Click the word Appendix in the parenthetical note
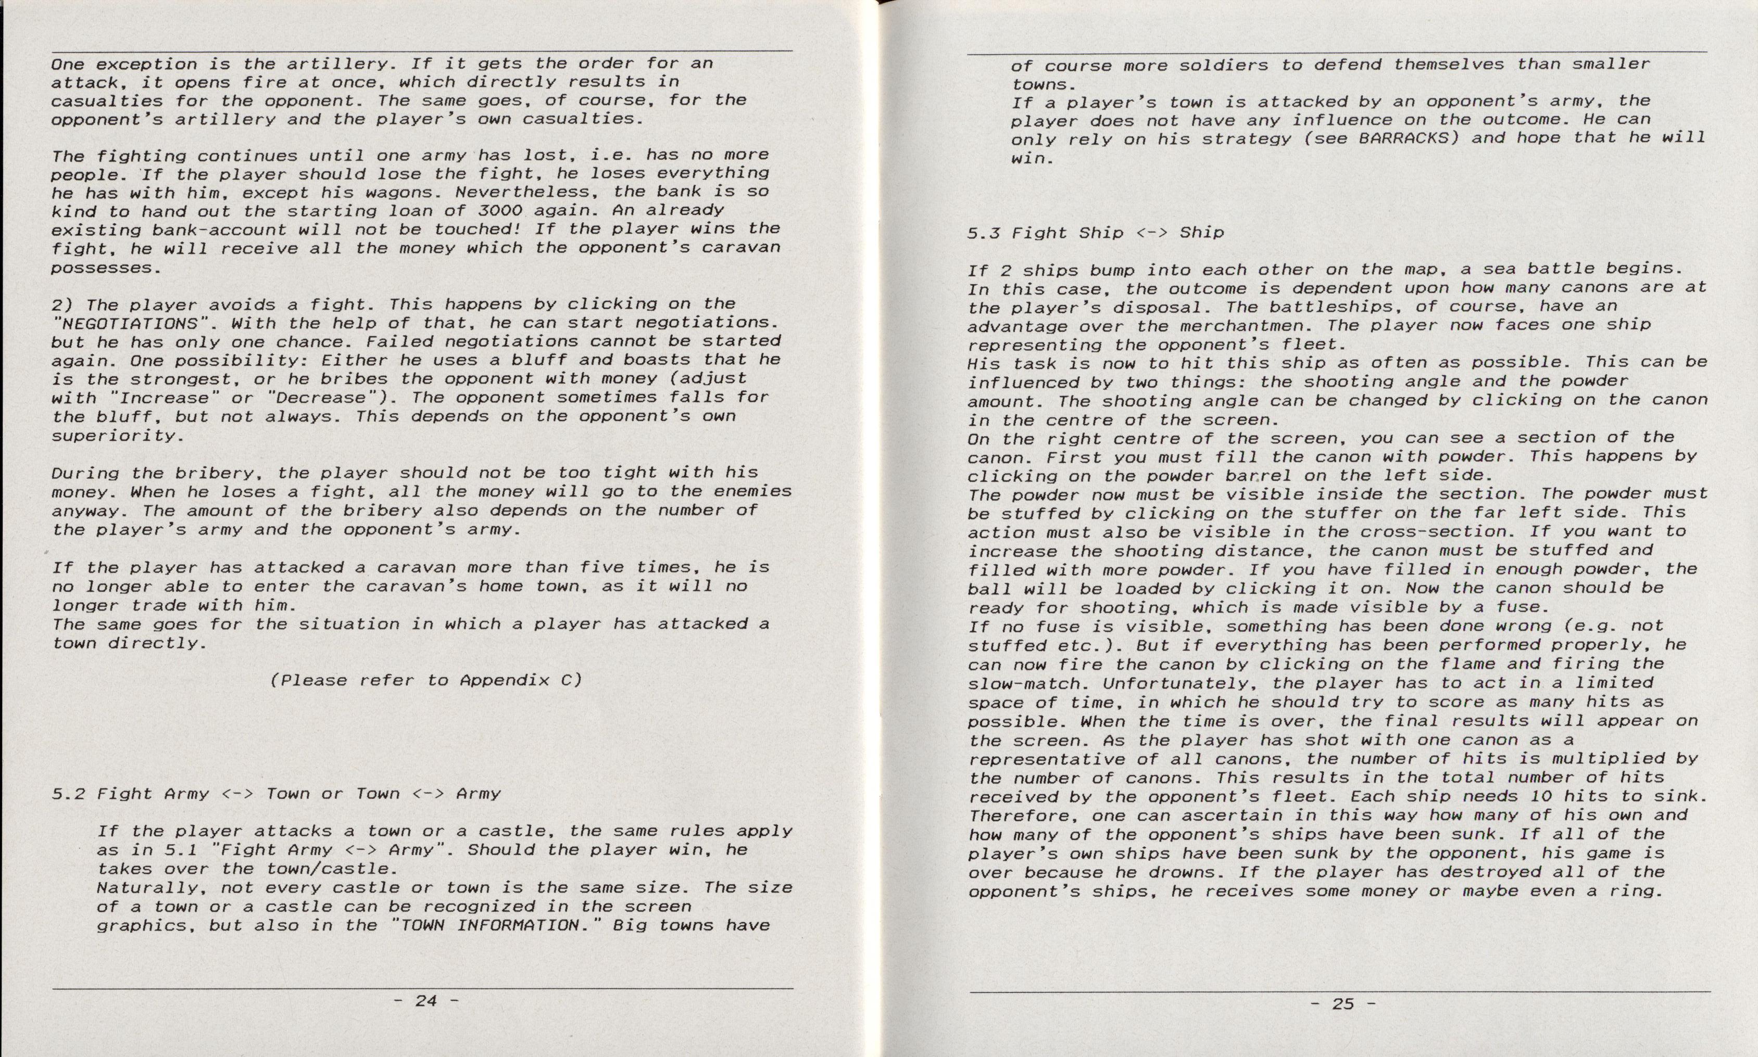505,680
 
